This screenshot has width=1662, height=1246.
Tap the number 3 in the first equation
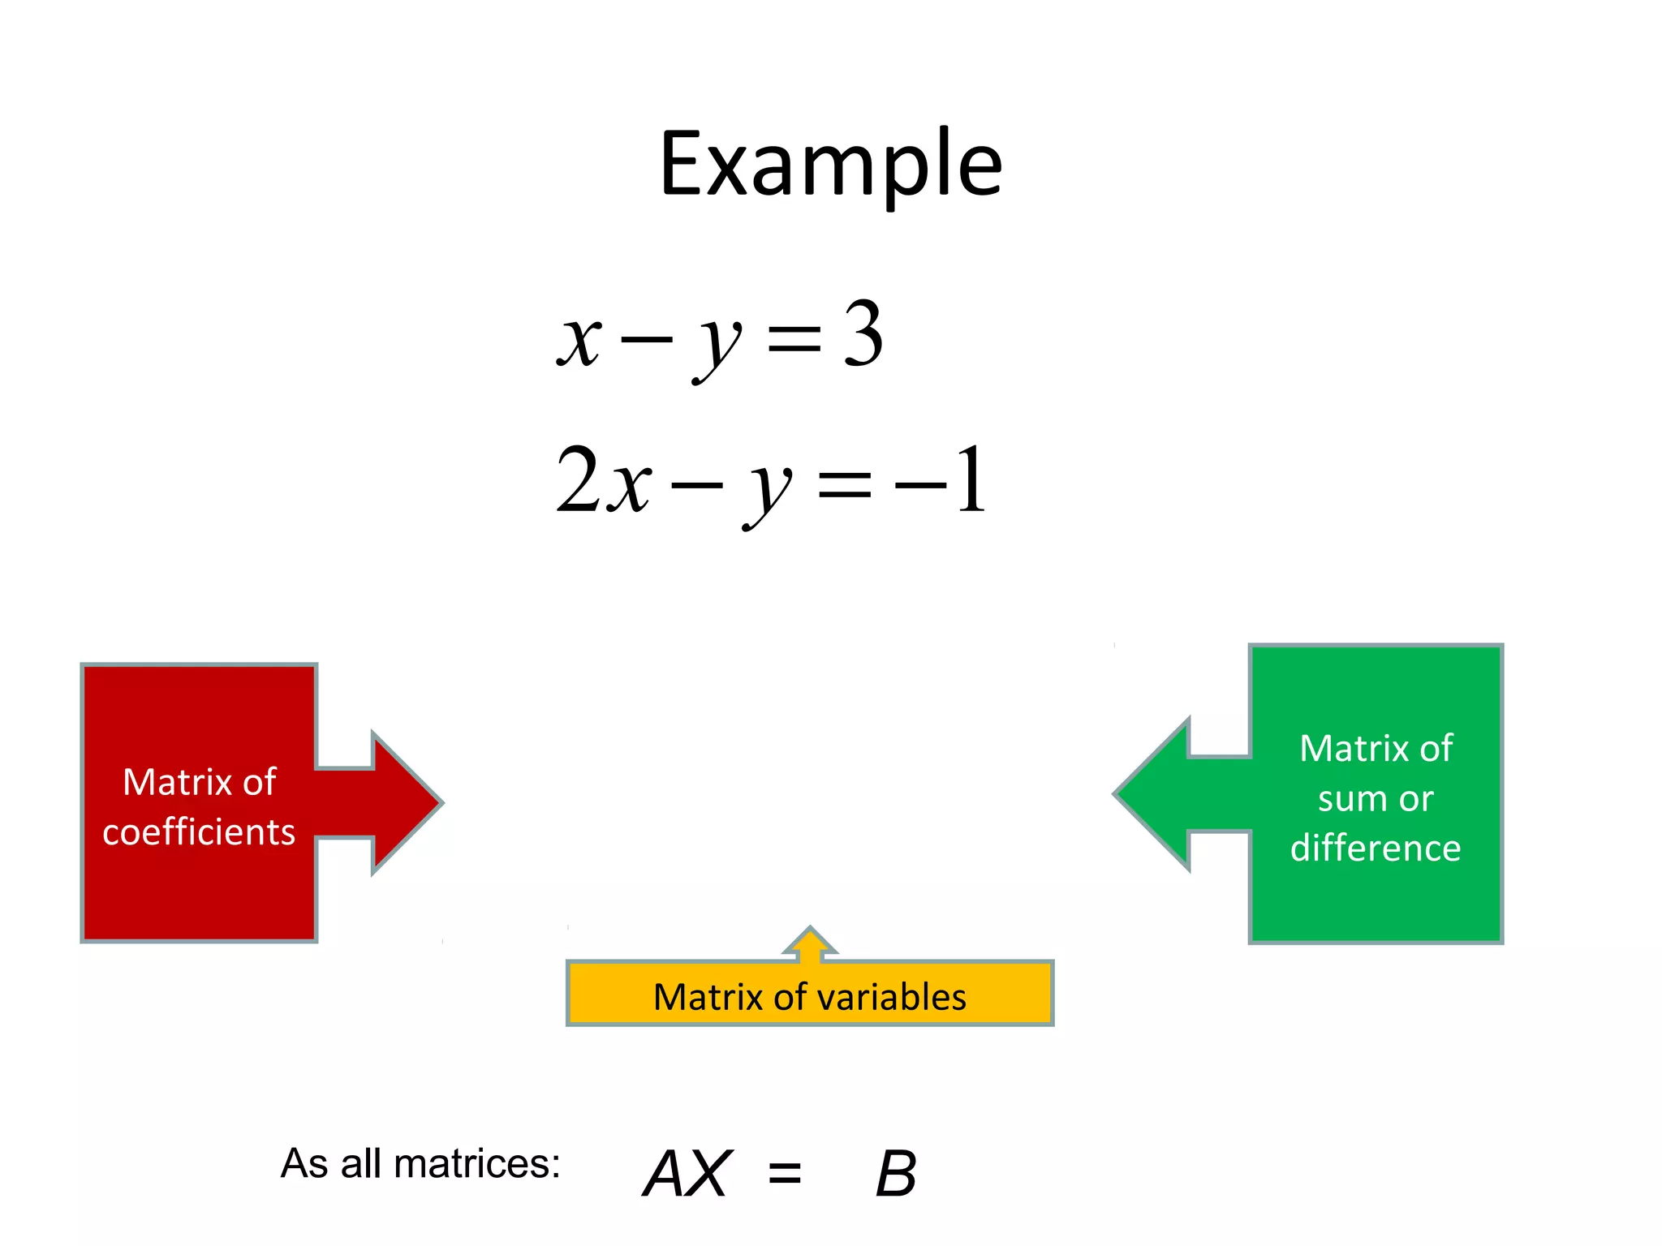click(863, 333)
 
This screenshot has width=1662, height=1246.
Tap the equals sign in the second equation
click(845, 485)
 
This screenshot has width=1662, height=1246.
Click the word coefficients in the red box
click(199, 832)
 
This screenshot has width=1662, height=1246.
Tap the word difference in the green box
click(1376, 849)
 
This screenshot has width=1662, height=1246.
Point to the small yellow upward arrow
click(810, 944)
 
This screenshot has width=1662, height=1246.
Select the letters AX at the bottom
click(687, 1174)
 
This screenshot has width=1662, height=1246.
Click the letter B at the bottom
click(896, 1174)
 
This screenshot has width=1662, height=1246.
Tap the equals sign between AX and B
click(785, 1174)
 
